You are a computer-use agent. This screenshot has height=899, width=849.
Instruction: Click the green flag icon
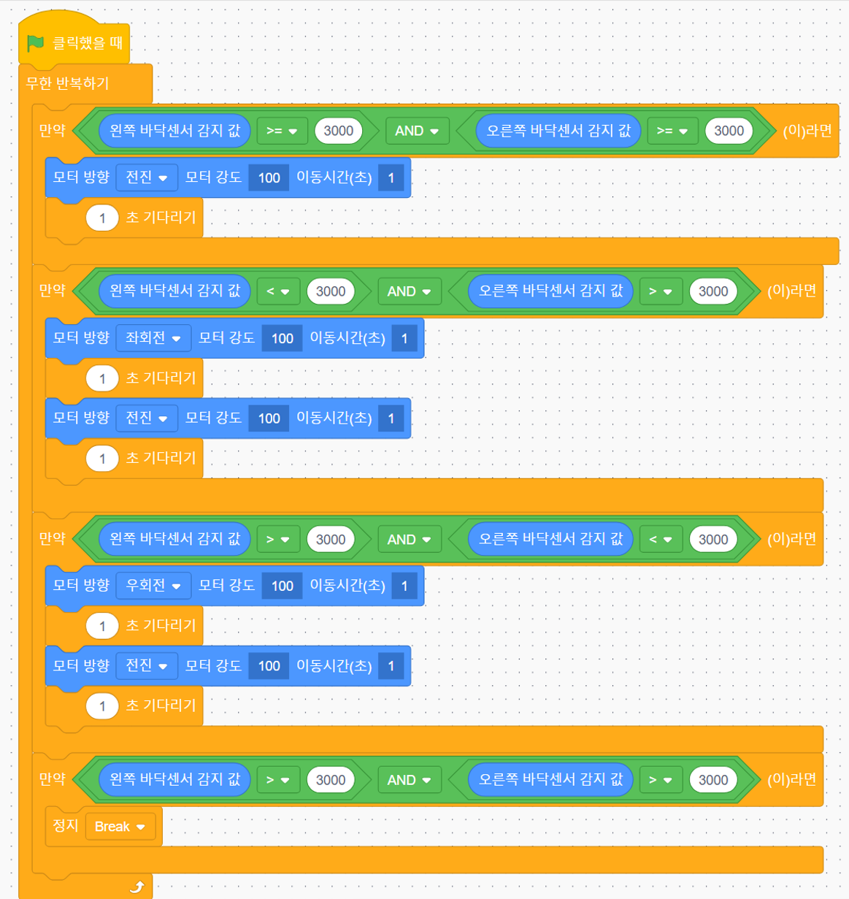coord(35,44)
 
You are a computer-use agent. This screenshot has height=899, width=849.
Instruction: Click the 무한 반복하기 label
coord(67,83)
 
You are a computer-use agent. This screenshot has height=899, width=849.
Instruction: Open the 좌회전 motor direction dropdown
coord(153,337)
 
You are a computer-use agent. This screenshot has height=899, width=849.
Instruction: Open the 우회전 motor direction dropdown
coord(153,585)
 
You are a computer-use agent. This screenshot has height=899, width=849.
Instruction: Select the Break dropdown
coord(120,827)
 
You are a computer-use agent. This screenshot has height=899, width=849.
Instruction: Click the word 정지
coord(66,825)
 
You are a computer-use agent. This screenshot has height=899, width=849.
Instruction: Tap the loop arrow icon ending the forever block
coord(137,887)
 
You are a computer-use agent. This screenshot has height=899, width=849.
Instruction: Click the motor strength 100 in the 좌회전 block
coord(282,338)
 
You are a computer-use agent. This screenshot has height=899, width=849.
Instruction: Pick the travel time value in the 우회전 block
coord(404,586)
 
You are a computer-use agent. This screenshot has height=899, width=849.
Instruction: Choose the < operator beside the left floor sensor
coord(278,291)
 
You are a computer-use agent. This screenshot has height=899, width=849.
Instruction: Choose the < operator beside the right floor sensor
coord(660,539)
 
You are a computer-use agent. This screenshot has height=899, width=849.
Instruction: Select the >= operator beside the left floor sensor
coord(282,131)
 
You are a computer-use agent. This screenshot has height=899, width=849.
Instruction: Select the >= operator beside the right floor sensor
coord(672,131)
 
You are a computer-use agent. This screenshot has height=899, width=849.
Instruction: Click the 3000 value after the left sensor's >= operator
coord(339,131)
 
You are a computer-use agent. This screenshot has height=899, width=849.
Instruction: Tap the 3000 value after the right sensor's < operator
coord(713,539)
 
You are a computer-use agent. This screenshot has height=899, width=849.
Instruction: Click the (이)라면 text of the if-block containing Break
coord(791,779)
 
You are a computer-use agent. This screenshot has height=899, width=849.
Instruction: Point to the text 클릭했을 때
coord(88,43)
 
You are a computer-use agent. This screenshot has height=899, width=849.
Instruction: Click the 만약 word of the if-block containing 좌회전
coord(53,290)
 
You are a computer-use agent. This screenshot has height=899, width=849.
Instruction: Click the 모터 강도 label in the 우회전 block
coord(227,585)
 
